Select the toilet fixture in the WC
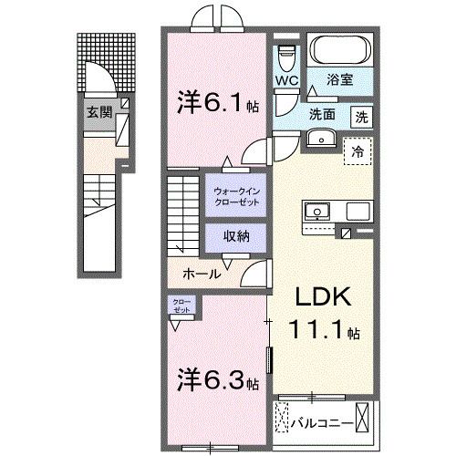point(286,57)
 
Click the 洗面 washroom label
point(321,116)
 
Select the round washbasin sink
point(321,139)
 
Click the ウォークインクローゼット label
point(236,196)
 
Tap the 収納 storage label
point(235,236)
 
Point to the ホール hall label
point(201,272)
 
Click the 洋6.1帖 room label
point(216,104)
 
